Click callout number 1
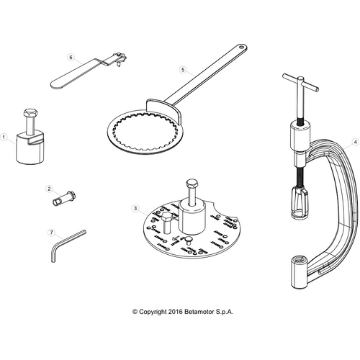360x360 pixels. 5,135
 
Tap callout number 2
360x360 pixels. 49,189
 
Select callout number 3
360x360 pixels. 135,208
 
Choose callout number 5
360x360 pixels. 184,70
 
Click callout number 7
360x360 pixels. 50,233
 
